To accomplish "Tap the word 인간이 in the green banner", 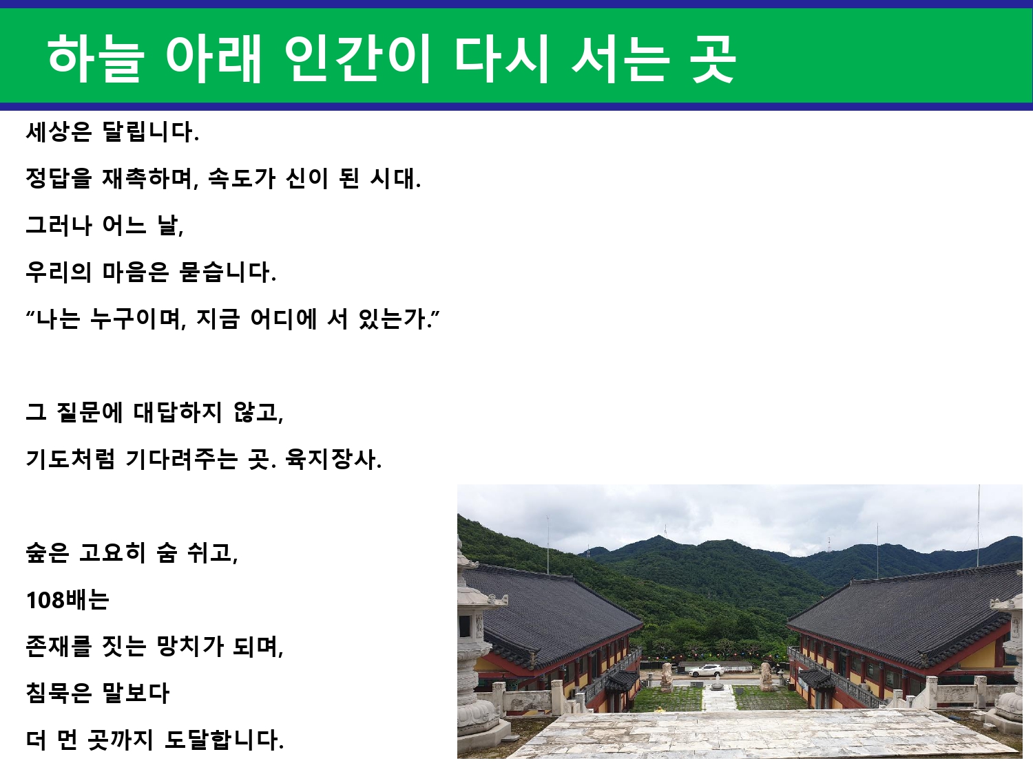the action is (358, 58).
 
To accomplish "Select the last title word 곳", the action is (713, 58).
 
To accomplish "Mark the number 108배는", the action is (67, 600).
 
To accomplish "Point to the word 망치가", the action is (190, 647).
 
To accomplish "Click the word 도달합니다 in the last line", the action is (224, 740).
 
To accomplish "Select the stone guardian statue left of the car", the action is (667, 677).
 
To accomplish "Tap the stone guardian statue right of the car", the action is (766, 676).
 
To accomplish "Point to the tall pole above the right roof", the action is (979, 526).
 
